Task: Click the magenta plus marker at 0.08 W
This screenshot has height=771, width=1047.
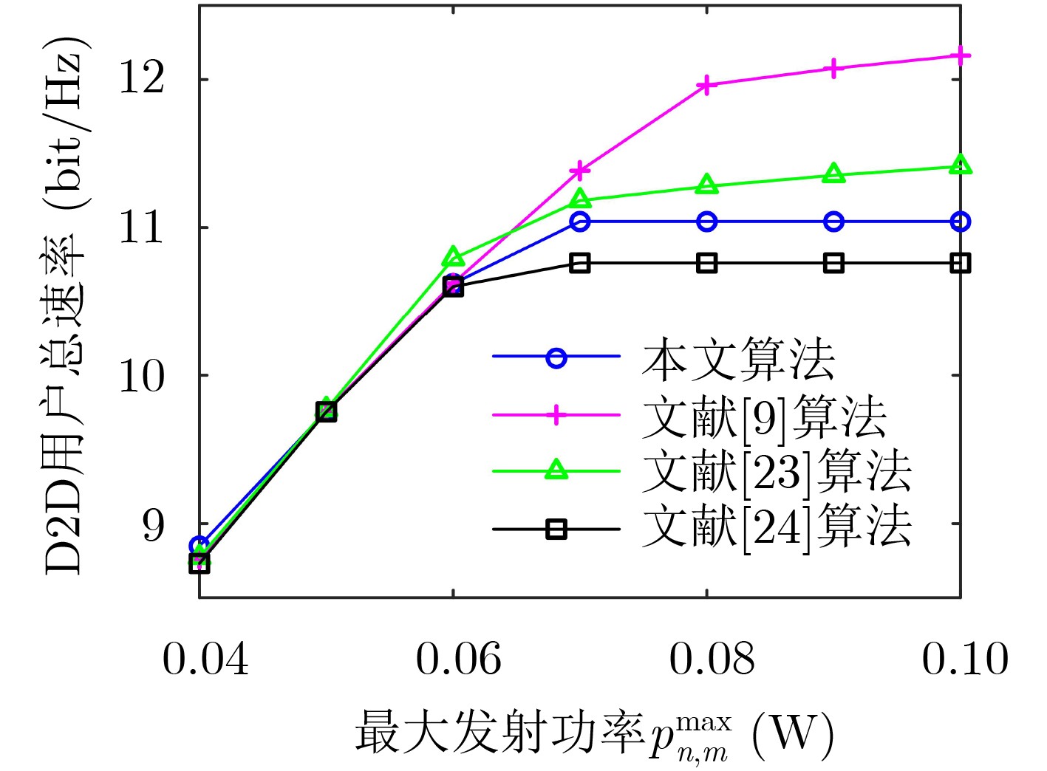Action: (x=707, y=86)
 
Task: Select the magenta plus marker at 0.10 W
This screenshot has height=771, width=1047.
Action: (x=960, y=56)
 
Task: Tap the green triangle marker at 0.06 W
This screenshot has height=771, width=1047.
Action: (x=454, y=257)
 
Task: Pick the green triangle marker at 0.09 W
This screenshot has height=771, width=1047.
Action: (x=833, y=174)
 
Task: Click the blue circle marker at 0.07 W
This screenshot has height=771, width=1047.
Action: (x=580, y=222)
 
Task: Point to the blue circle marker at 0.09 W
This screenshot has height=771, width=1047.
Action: (x=833, y=222)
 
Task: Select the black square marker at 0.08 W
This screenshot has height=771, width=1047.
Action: (x=707, y=263)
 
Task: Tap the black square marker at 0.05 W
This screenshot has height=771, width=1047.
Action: (x=327, y=411)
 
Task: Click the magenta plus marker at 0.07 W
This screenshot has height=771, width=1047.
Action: (x=580, y=171)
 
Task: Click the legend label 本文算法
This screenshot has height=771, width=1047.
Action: (x=738, y=360)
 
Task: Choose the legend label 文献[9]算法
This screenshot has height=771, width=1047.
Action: (x=764, y=417)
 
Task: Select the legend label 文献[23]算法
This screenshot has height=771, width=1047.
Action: (x=776, y=471)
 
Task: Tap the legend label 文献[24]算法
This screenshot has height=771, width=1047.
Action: (x=776, y=527)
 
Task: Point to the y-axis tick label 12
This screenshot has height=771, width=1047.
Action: (x=142, y=78)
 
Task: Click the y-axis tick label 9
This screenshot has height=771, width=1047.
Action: (x=154, y=524)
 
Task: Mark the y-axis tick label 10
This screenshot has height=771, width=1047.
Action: (x=142, y=375)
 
